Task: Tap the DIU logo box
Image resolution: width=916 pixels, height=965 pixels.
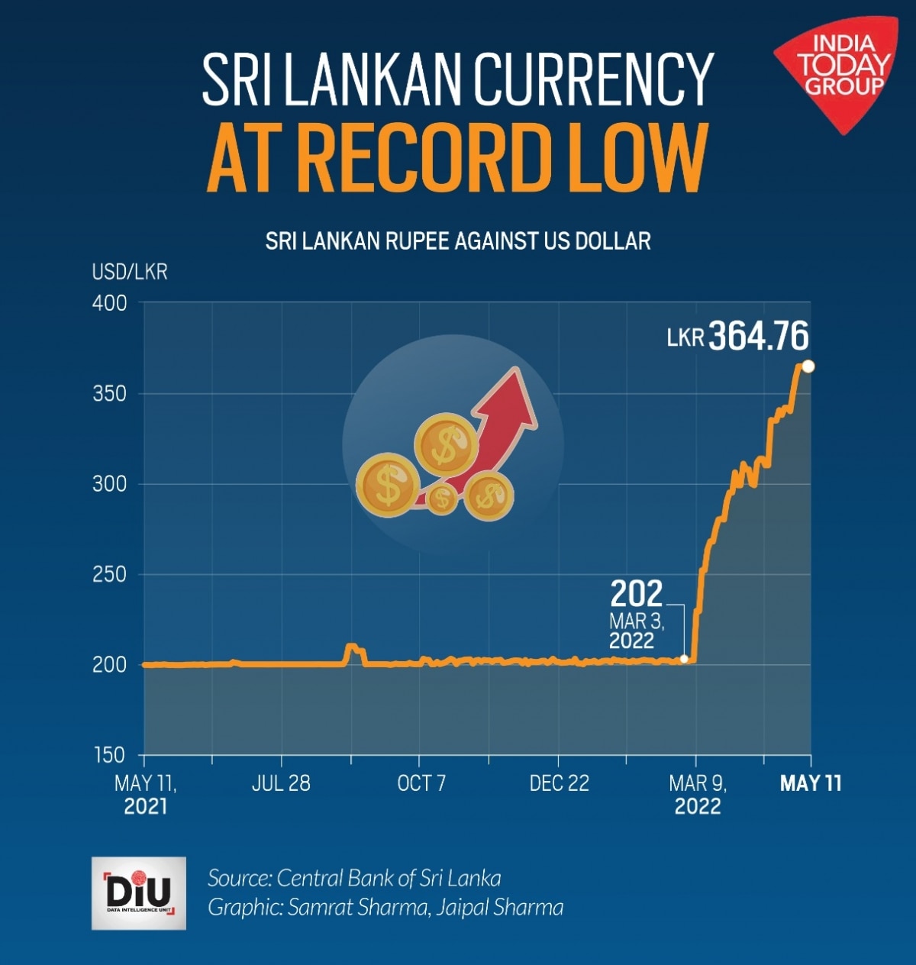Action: point(138,892)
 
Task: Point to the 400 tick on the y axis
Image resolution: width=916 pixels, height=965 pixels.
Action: point(109,303)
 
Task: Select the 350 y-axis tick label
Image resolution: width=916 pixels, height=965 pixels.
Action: point(109,394)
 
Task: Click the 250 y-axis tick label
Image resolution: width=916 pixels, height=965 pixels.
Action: point(109,574)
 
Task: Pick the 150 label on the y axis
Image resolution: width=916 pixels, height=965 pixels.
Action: point(109,755)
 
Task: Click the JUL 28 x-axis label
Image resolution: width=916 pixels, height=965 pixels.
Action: point(281,783)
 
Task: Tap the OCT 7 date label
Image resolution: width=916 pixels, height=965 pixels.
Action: point(421,783)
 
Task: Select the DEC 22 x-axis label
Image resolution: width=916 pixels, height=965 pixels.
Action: point(559,783)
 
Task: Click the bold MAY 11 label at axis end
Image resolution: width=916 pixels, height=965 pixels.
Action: point(810,783)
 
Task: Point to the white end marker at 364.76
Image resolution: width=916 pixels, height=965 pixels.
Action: point(808,366)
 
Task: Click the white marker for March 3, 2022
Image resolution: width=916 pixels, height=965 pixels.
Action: point(684,658)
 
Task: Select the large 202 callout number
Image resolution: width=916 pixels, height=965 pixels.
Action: point(637,593)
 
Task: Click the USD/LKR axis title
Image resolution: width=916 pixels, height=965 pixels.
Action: point(129,272)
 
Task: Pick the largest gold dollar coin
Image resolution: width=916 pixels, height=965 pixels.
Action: point(388,486)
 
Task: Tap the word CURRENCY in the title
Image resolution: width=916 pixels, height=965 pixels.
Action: point(593,79)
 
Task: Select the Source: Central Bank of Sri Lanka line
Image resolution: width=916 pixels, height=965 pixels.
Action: point(354,878)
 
